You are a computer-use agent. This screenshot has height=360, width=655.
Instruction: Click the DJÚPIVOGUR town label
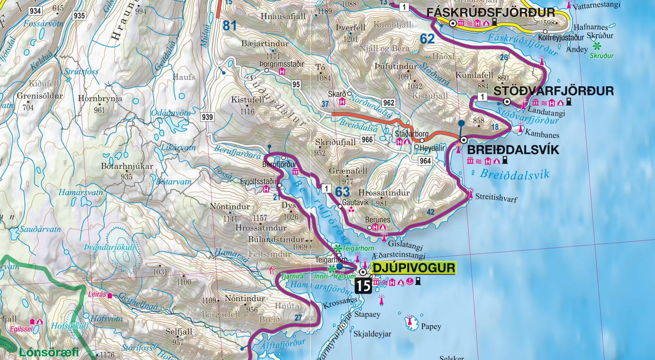(x=413, y=267)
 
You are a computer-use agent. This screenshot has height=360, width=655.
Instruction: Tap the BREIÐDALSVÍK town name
(x=513, y=150)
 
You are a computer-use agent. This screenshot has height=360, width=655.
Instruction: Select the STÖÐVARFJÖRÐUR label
(x=553, y=91)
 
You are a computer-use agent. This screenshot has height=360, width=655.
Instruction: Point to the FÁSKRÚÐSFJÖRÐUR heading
(x=490, y=12)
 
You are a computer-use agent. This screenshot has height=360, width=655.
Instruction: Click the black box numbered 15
(x=363, y=286)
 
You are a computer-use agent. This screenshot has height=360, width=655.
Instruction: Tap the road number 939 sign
(x=207, y=117)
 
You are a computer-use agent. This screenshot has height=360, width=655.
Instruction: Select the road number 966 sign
(x=367, y=139)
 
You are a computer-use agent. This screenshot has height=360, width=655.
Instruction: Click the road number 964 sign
(x=425, y=161)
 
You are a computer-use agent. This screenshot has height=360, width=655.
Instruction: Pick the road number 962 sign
(x=388, y=103)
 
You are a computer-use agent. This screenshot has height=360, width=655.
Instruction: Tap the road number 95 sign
(x=296, y=84)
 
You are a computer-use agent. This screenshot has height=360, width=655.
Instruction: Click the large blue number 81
(x=230, y=26)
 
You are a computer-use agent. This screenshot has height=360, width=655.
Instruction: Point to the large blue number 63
(x=342, y=192)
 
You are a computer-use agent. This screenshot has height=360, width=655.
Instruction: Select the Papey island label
(x=431, y=326)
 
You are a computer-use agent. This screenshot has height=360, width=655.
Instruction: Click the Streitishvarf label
(x=496, y=198)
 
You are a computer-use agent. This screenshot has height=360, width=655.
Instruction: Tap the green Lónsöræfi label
(x=48, y=352)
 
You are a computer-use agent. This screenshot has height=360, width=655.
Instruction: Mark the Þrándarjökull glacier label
(x=110, y=247)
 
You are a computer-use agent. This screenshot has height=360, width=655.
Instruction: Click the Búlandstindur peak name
(x=276, y=239)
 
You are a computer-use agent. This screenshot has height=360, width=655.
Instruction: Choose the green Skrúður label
(x=601, y=55)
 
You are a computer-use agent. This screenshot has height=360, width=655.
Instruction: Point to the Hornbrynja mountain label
(x=100, y=99)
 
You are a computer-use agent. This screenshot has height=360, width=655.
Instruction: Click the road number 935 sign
(x=79, y=16)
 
